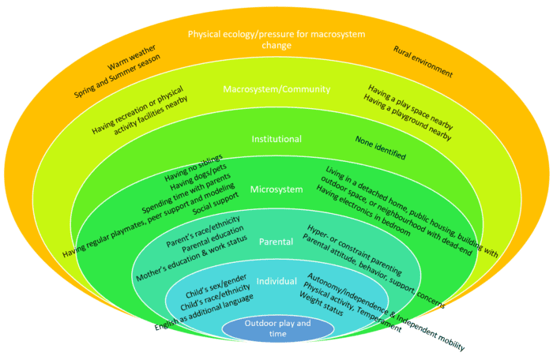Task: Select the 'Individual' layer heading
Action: coord(276,281)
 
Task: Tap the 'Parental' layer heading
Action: coord(276,242)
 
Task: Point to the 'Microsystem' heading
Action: coord(276,189)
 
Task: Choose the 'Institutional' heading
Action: coord(276,139)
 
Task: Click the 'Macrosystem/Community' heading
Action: coord(276,88)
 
